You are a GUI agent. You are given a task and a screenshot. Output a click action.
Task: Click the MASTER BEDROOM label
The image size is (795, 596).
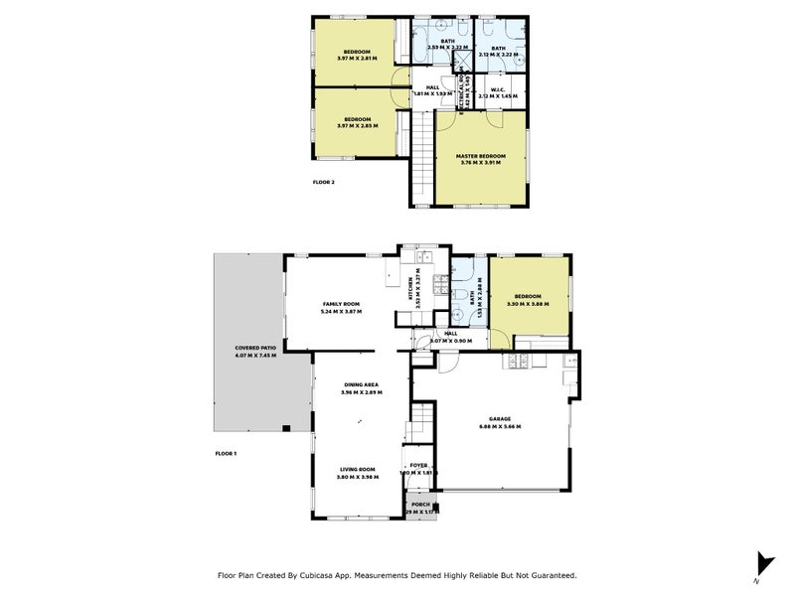click(x=481, y=156)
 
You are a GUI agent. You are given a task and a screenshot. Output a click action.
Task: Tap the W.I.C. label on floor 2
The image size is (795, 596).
click(x=498, y=89)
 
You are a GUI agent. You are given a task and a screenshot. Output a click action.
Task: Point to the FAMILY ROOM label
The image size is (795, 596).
click(x=340, y=304)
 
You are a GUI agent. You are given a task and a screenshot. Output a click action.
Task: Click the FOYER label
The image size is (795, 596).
click(x=418, y=465)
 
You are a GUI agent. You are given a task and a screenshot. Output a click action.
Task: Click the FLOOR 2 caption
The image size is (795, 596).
click(x=324, y=183)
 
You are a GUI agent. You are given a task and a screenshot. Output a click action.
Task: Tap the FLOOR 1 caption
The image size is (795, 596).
click(x=227, y=453)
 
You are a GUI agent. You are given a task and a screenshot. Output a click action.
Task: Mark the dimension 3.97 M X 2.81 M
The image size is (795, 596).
click(x=357, y=58)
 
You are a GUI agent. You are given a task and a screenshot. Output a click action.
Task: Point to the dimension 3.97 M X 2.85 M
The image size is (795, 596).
click(x=357, y=127)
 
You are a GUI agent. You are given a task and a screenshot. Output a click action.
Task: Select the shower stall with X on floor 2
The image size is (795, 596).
click(x=460, y=62)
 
